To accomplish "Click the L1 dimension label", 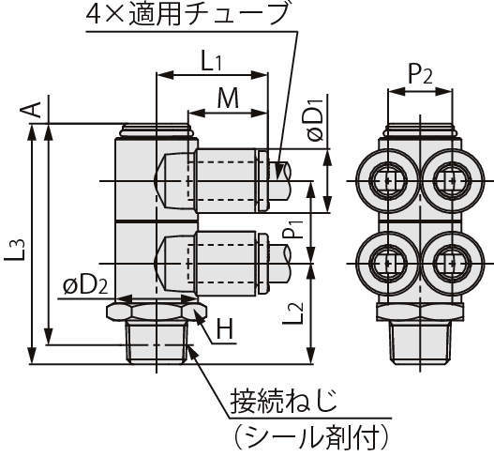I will pyautogui.click(x=211, y=61).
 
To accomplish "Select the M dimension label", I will pyautogui.click(x=226, y=99).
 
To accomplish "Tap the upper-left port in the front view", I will pyautogui.click(x=385, y=178).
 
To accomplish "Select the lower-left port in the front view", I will pyautogui.click(x=385, y=266).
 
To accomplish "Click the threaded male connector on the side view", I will pyautogui.click(x=157, y=343).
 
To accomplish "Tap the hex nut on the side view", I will pyautogui.click(x=156, y=310).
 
